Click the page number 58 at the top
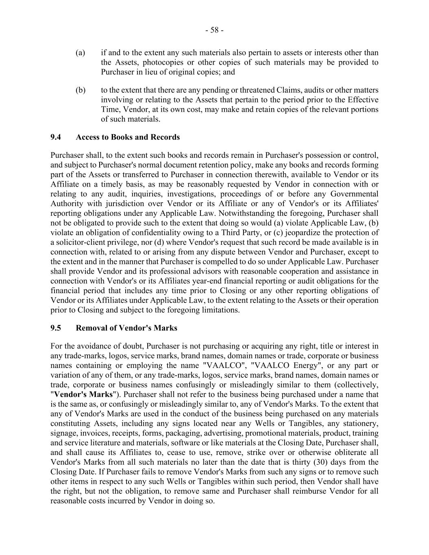tap(214, 30)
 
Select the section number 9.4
tap(56, 137)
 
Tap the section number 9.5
tap(56, 328)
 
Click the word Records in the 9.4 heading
tap(165, 137)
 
